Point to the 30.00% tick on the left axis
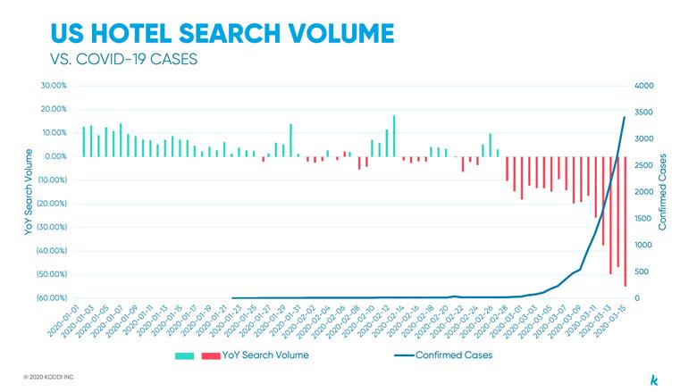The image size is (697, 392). (x=54, y=86)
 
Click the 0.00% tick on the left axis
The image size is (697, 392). (x=55, y=156)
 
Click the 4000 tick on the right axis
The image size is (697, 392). (x=644, y=86)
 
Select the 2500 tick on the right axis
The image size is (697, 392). (x=644, y=165)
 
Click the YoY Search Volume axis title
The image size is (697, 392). (x=29, y=192)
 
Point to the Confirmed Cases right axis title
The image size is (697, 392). (x=663, y=192)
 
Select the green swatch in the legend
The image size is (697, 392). (x=185, y=355)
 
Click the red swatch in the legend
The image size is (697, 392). (x=211, y=355)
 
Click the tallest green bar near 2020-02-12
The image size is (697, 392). (x=394, y=136)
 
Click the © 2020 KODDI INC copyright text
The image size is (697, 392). (x=49, y=377)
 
